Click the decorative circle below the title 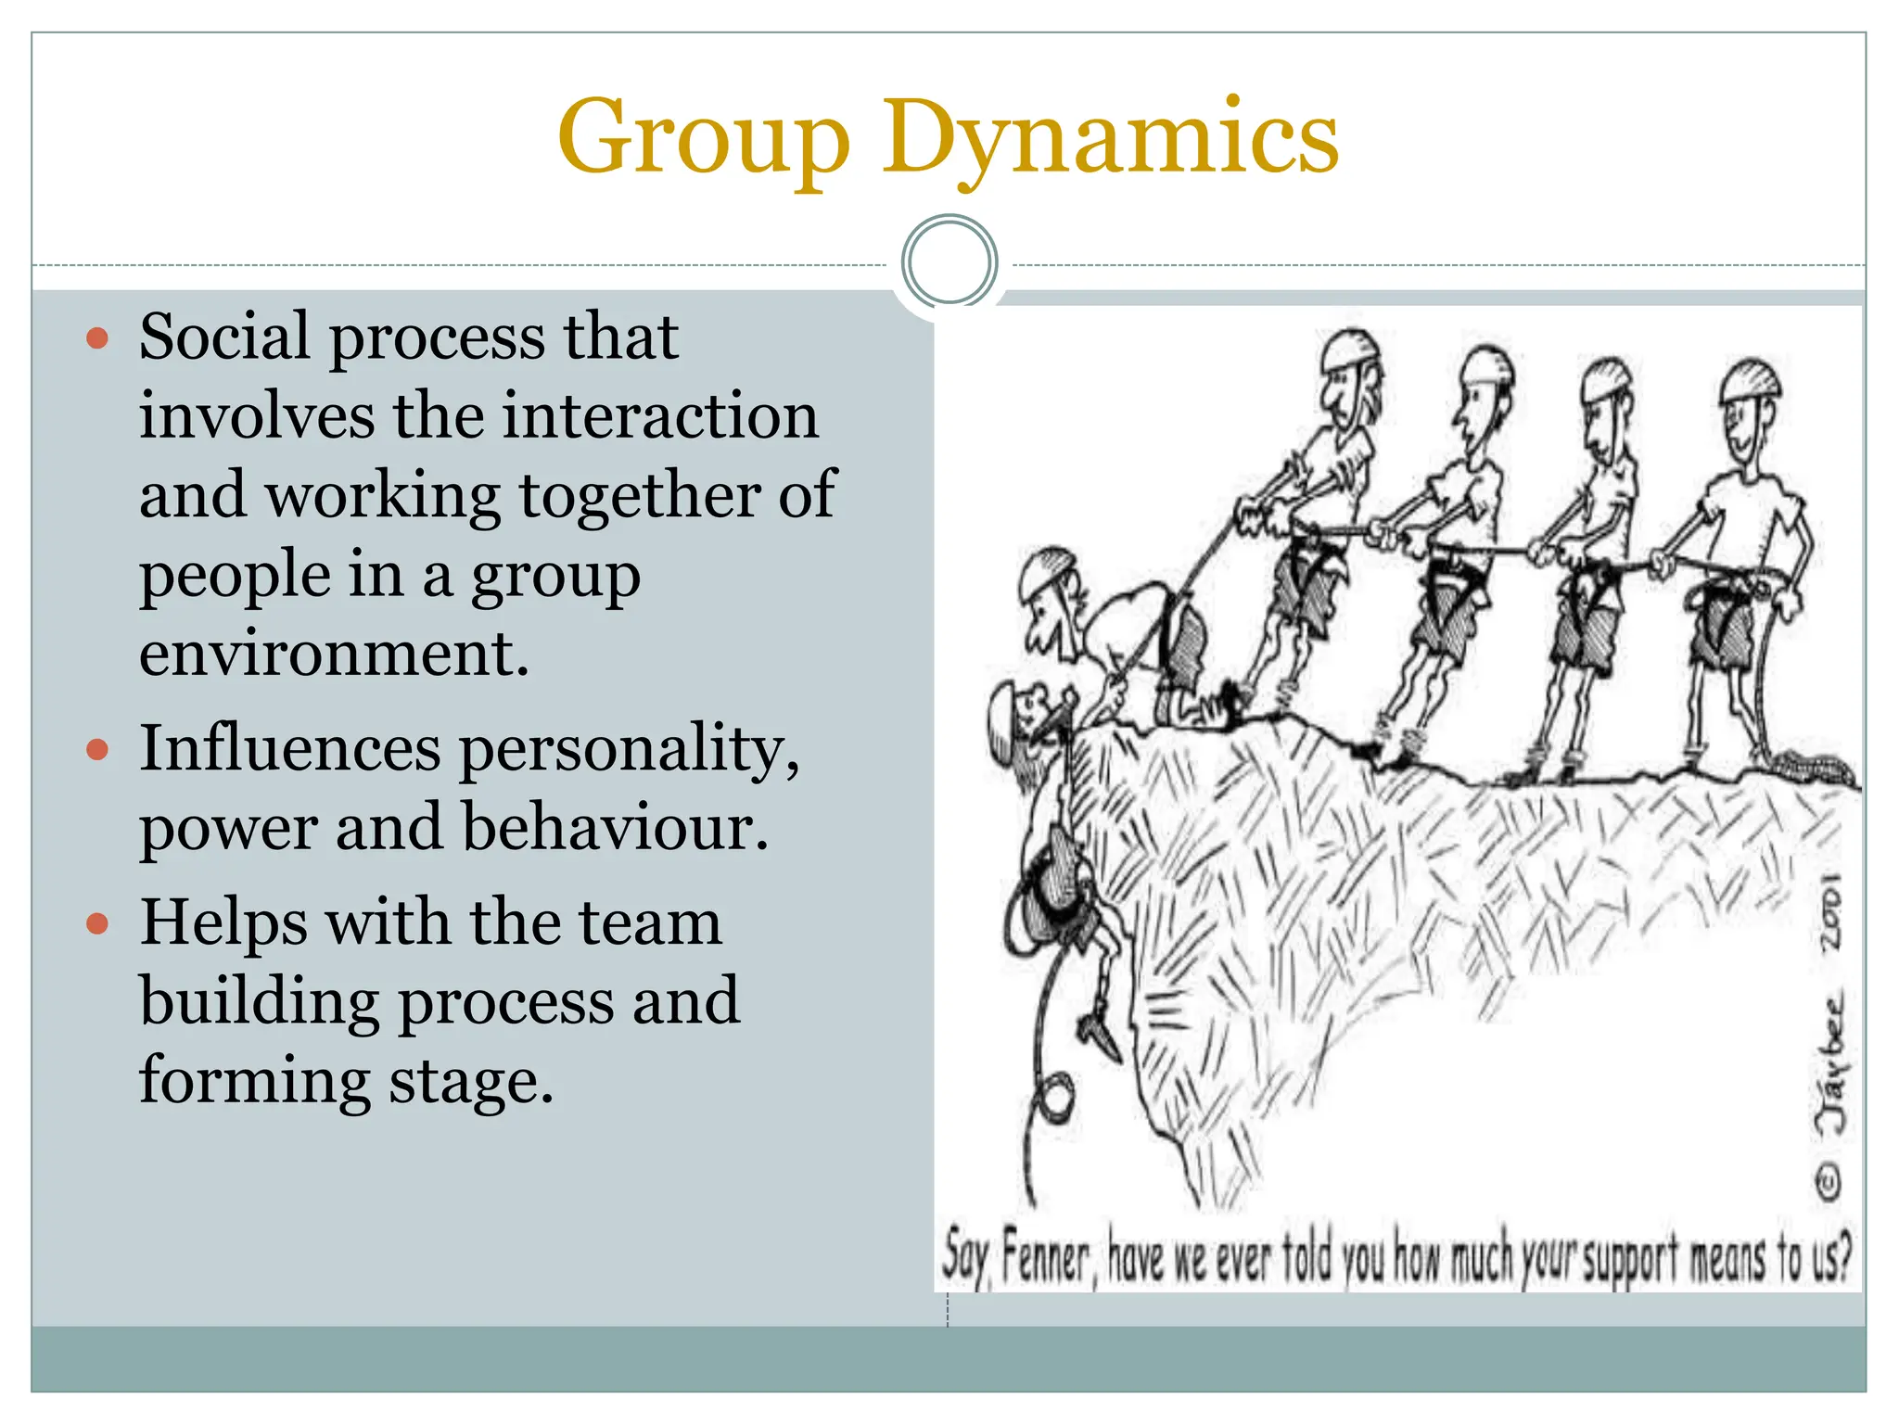(949, 262)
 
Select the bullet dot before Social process (97, 337)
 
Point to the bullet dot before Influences (97, 748)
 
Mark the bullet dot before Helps (97, 923)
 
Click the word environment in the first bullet (334, 653)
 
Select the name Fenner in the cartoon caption (1046, 1259)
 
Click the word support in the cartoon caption (1629, 1259)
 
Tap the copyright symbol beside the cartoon (1829, 1182)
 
